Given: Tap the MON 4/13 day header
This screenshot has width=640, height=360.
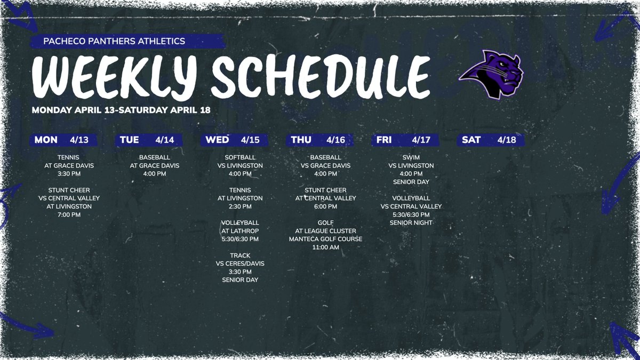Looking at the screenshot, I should coord(61,140).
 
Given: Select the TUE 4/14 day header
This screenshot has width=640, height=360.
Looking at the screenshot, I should coord(149,140).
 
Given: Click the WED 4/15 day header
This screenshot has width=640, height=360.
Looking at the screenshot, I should coord(234,140).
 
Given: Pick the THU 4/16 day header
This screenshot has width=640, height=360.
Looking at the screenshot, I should coord(319,140).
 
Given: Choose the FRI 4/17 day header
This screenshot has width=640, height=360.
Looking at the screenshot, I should coord(405,140).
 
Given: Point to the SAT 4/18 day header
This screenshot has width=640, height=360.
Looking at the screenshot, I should coord(490,140).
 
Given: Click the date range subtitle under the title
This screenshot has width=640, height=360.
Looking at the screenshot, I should coord(121,110).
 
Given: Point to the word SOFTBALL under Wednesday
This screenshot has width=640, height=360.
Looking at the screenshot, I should coord(240,158).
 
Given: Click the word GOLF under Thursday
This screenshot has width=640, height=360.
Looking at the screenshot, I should coord(325,223).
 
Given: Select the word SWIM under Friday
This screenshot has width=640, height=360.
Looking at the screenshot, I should coord(411,158).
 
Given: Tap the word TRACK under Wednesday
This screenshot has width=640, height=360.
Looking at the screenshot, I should coord(240,255).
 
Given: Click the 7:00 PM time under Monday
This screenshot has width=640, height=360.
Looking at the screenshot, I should coord(69,214).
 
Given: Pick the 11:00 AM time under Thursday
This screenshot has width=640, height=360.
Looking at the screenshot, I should coord(325,247).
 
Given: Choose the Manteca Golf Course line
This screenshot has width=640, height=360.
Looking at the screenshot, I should coord(325,239).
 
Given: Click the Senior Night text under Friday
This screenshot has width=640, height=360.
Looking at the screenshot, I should coord(411,222).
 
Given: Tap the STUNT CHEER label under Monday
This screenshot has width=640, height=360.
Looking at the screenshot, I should coord(69,190).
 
